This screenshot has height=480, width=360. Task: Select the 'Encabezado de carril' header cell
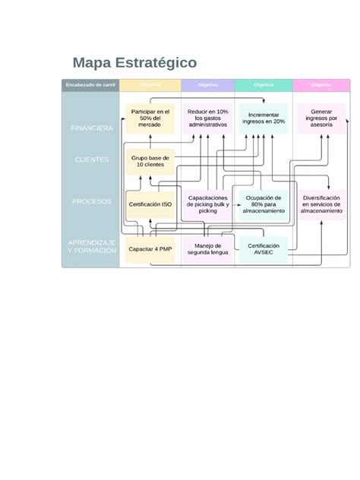pyautogui.click(x=90, y=84)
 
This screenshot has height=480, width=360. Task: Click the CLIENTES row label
pyautogui.click(x=92, y=160)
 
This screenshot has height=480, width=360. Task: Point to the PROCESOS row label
pyautogui.click(x=92, y=202)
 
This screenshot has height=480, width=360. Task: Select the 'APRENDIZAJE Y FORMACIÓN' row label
pyautogui.click(x=91, y=246)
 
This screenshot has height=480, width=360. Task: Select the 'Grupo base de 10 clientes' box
pyautogui.click(x=150, y=160)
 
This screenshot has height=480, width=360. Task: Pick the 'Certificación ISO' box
pyautogui.click(x=150, y=204)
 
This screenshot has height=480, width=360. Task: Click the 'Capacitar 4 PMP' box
pyautogui.click(x=150, y=248)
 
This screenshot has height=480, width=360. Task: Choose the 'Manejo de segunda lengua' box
pyautogui.click(x=207, y=248)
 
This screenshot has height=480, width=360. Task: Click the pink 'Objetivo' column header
pyautogui.click(x=321, y=84)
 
